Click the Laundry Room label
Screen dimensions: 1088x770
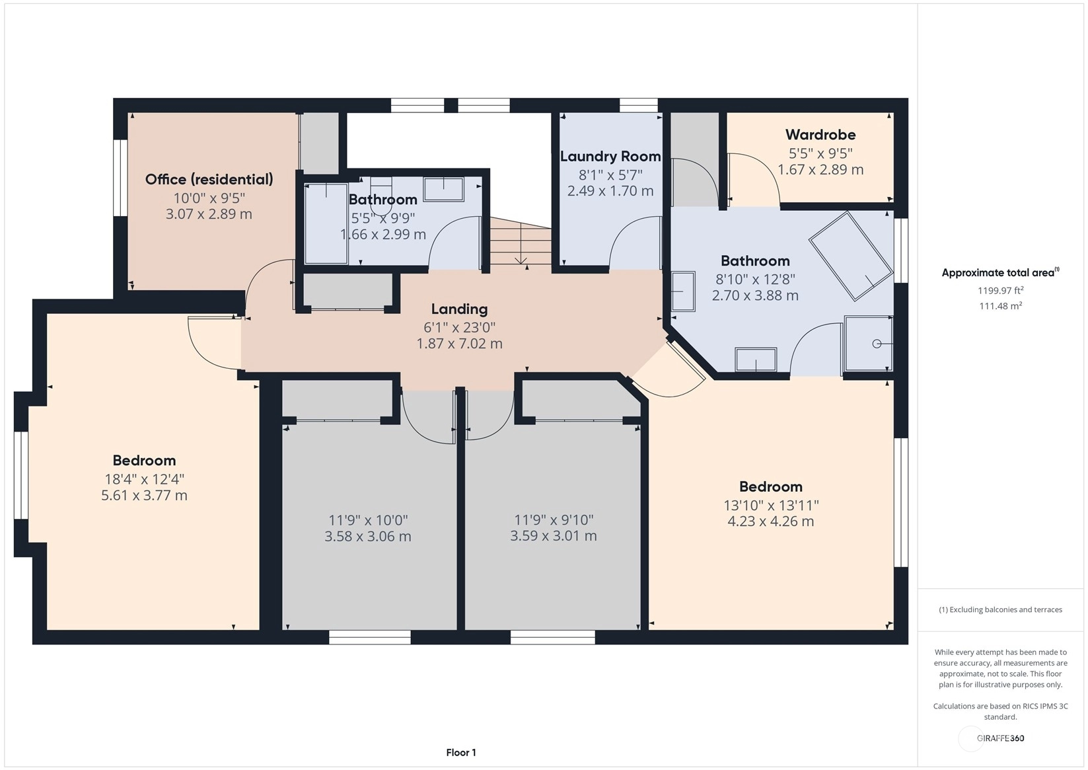coord(610,157)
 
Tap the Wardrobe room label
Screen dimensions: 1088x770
coord(820,135)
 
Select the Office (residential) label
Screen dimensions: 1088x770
coord(209,179)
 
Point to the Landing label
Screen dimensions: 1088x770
coord(460,309)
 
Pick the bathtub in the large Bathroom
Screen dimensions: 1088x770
coord(851,256)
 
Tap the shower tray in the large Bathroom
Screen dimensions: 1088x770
coord(869,344)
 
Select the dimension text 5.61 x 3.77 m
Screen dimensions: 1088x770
coord(144,495)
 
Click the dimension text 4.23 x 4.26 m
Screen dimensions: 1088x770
coord(770,521)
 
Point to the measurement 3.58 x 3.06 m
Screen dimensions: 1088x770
coord(368,536)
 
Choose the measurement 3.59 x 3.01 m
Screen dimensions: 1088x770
coord(553,535)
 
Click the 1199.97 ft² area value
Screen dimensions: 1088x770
coord(1001,290)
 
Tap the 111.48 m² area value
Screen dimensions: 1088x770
coord(1001,306)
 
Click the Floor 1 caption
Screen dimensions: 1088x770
coord(461,753)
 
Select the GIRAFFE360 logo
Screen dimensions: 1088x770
coord(1001,738)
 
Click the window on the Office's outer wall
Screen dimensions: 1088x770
coord(120,177)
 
